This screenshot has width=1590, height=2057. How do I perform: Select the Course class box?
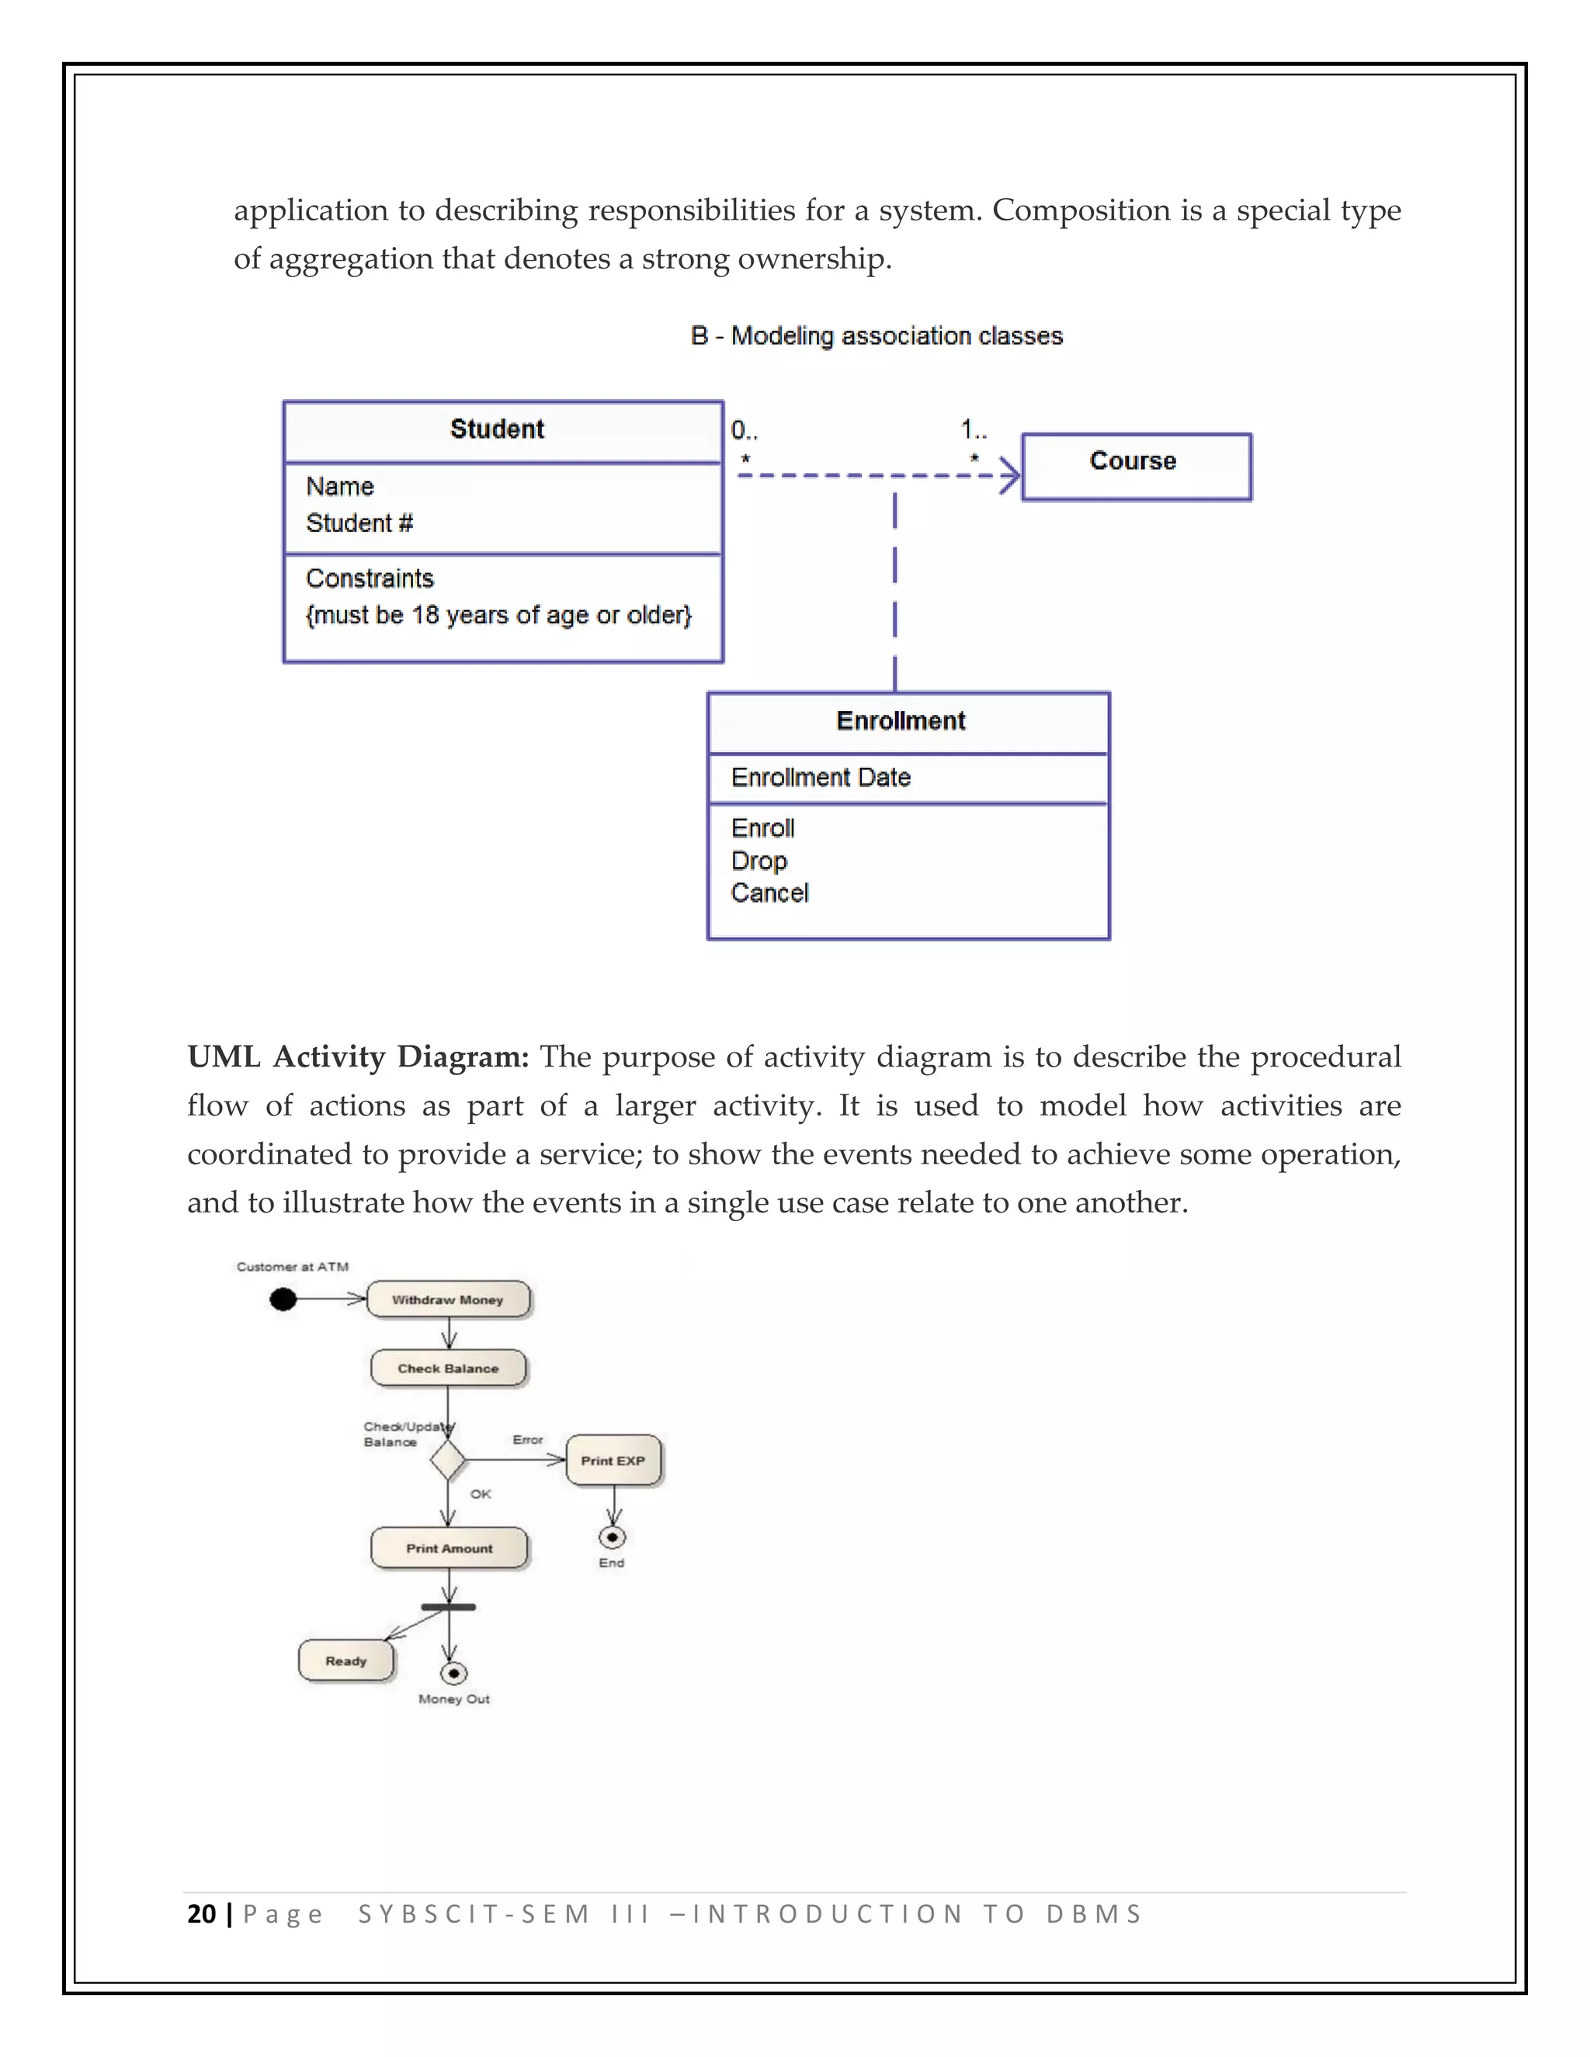click(x=1136, y=467)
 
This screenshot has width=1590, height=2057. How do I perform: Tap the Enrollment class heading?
click(x=901, y=721)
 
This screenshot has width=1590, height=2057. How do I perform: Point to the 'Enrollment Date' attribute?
click(x=821, y=778)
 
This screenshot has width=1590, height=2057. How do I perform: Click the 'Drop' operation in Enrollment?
click(x=759, y=861)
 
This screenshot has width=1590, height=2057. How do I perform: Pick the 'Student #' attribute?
click(x=359, y=524)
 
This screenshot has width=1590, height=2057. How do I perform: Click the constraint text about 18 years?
click(x=498, y=615)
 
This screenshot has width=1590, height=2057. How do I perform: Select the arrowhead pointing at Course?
click(x=1010, y=476)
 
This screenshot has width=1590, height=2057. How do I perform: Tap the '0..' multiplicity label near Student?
click(x=744, y=432)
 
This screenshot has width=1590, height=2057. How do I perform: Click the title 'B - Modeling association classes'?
click(x=876, y=336)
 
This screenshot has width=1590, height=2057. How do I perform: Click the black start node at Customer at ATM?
click(x=283, y=1299)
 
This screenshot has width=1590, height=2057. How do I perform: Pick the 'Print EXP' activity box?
click(x=613, y=1461)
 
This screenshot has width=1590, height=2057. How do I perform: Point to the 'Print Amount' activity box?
click(x=450, y=1549)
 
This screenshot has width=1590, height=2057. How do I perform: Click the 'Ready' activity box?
click(x=345, y=1660)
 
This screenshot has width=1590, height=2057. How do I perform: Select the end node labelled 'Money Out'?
click(x=453, y=1674)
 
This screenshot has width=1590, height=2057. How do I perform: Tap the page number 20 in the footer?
click(x=202, y=1914)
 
